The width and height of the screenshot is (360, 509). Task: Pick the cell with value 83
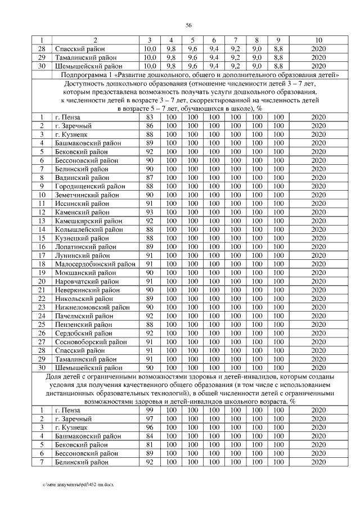pos(150,117)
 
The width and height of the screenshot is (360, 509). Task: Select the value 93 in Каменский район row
pos(150,212)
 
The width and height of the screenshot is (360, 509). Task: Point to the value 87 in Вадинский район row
pos(150,178)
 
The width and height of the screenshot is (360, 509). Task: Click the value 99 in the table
pos(150,410)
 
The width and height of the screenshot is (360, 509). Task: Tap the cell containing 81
pos(150,444)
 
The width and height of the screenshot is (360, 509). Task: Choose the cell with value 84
pos(150,436)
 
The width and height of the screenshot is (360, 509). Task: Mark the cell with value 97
pos(150,418)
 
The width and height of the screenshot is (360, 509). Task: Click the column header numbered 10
pos(318,40)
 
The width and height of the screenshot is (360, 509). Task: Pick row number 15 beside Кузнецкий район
pos(42,238)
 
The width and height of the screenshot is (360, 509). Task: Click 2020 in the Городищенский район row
pos(318,186)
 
